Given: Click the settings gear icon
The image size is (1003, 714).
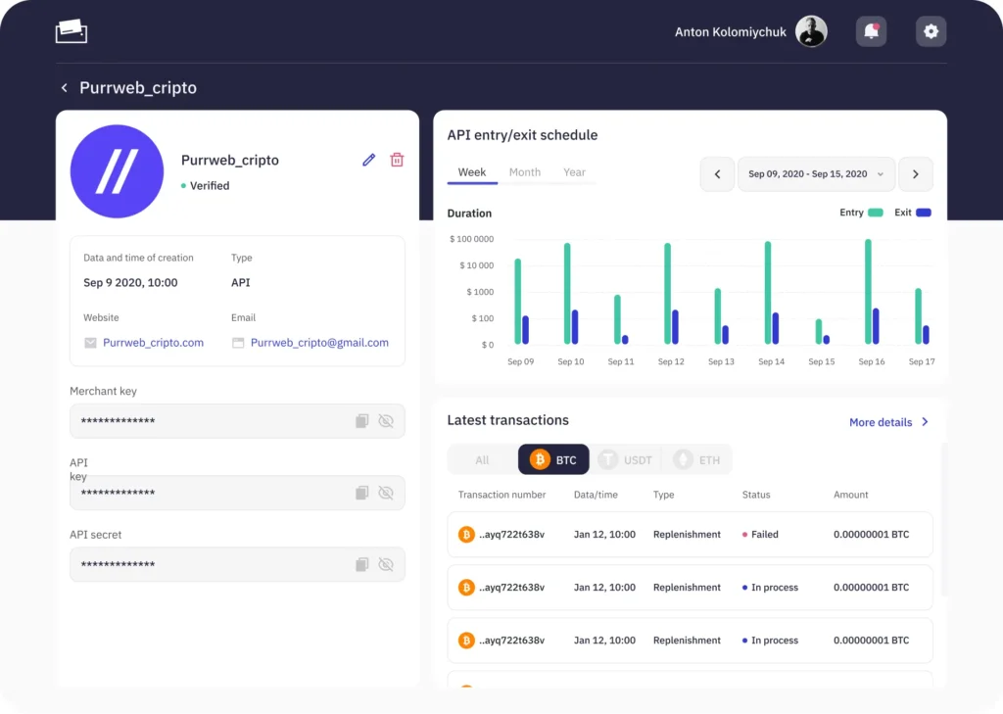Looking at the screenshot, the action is [931, 31].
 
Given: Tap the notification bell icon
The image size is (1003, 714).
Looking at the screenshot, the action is [871, 31].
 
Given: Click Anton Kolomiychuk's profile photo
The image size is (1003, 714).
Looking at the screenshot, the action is [811, 31].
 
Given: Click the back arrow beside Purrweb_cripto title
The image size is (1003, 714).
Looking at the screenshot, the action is [64, 87].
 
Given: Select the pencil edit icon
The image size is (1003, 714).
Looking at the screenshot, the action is [368, 160].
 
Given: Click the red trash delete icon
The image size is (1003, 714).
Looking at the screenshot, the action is [397, 160].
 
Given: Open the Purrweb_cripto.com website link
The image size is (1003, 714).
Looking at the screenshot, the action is [154, 342].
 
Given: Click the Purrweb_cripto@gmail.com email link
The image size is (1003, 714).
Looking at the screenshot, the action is [319, 342].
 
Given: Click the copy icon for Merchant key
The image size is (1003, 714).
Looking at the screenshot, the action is [362, 421].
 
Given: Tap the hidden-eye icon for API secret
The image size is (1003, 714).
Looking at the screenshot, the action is [386, 564].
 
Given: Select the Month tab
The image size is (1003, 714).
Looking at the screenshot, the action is [525, 172].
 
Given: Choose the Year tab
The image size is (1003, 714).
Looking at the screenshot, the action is [574, 172].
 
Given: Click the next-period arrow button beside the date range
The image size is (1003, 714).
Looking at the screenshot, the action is [916, 174].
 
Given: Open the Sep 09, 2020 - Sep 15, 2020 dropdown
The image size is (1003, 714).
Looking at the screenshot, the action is [816, 174].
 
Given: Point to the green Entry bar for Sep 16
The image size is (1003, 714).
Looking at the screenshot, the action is [868, 291].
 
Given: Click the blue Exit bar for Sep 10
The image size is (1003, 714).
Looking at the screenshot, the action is [575, 327].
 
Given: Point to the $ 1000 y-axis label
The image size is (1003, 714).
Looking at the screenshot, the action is [480, 292].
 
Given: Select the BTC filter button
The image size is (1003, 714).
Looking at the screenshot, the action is [553, 459].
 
